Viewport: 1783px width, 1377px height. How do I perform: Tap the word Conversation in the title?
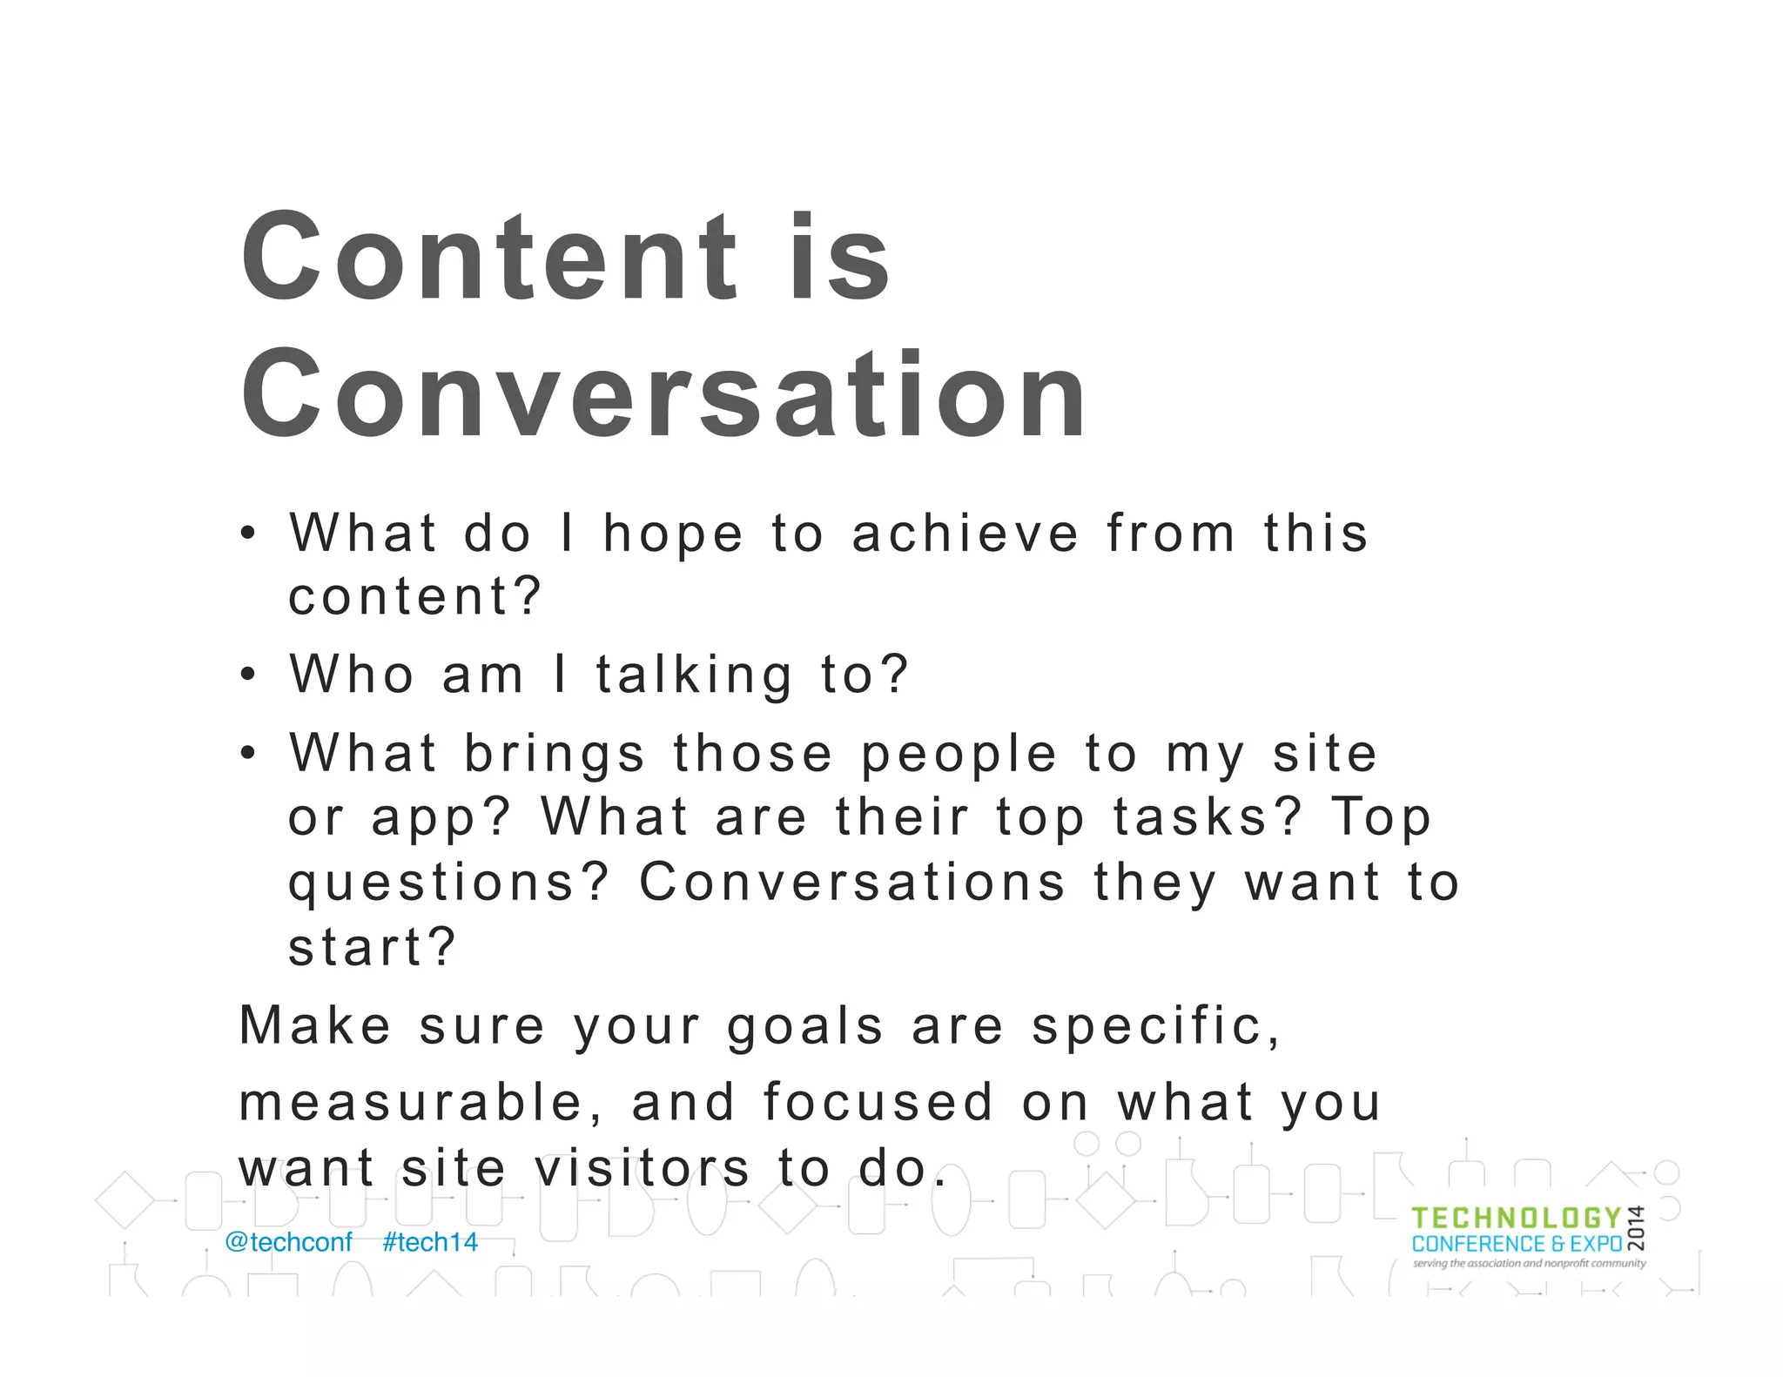pyautogui.click(x=663, y=394)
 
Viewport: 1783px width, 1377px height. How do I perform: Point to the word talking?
pyautogui.click(x=694, y=675)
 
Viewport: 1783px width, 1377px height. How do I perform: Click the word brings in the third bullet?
pyautogui.click(x=555, y=754)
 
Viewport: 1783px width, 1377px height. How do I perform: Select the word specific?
pyautogui.click(x=1156, y=1026)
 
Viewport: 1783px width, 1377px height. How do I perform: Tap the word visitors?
pyautogui.click(x=642, y=1168)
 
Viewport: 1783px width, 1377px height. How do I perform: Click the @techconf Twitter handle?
pyautogui.click(x=288, y=1242)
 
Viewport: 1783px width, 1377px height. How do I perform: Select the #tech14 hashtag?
pyautogui.click(x=430, y=1242)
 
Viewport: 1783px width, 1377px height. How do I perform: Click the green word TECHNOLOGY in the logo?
pyautogui.click(x=1516, y=1219)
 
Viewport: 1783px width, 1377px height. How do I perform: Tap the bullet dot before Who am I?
pyautogui.click(x=249, y=675)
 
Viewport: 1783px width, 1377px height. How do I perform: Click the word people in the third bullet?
pyautogui.click(x=959, y=755)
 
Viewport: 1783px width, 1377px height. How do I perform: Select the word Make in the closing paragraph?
pyautogui.click(x=315, y=1025)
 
